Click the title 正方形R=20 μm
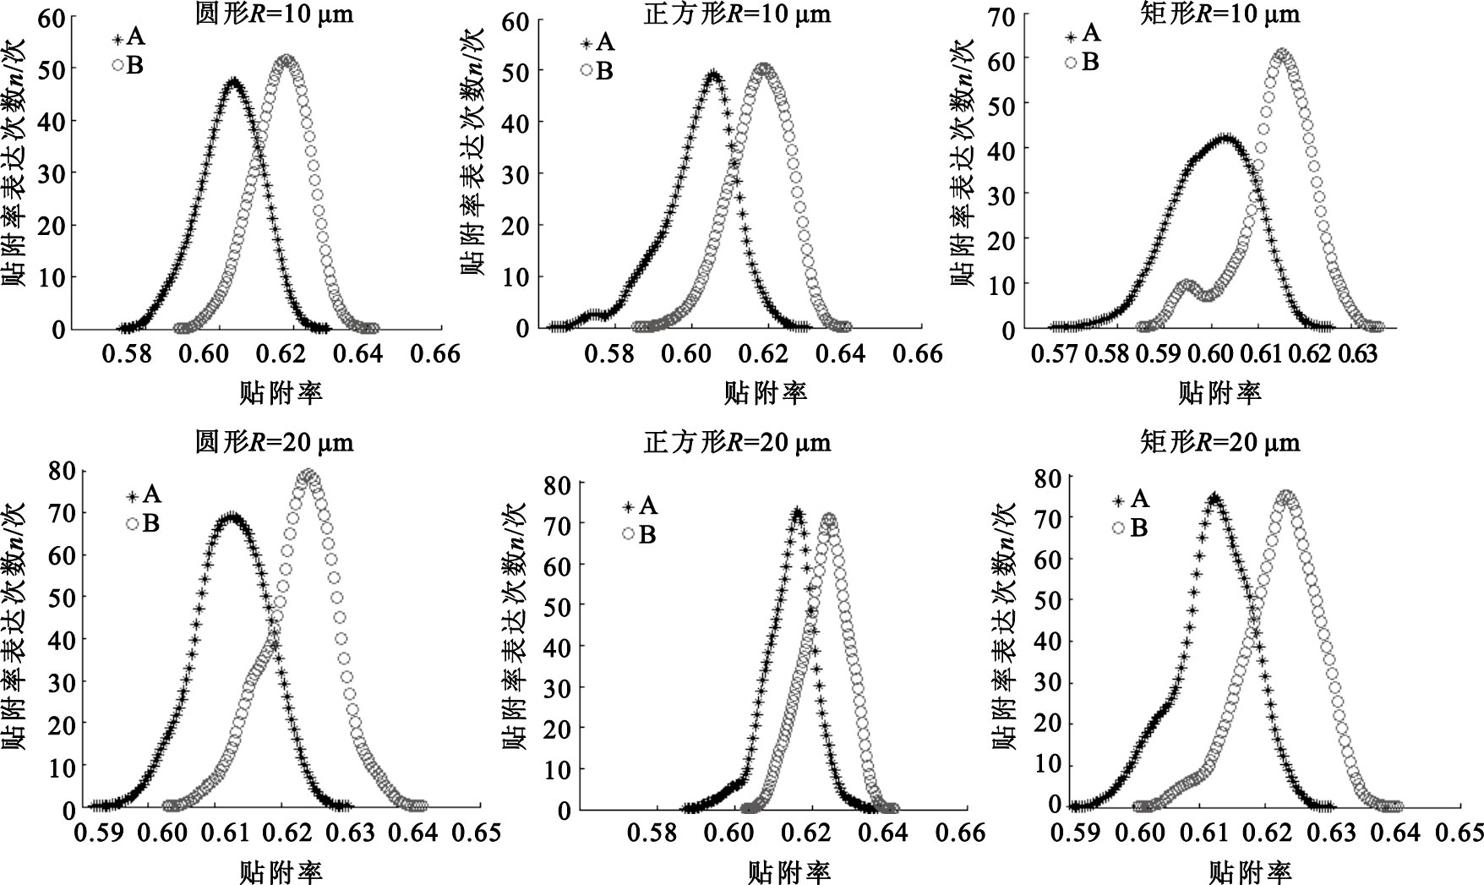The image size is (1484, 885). [737, 442]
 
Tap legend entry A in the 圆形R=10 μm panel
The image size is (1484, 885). [126, 38]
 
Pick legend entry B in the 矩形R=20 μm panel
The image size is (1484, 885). [1128, 528]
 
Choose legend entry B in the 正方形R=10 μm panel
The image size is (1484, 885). [596, 71]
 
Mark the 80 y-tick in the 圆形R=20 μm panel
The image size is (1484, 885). [63, 470]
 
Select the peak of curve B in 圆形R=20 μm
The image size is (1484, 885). [308, 476]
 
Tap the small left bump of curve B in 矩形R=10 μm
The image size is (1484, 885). [1186, 286]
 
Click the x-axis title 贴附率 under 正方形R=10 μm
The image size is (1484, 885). [765, 392]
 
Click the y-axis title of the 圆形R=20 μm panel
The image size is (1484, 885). [18, 626]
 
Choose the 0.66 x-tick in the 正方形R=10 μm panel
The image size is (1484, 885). [918, 352]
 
